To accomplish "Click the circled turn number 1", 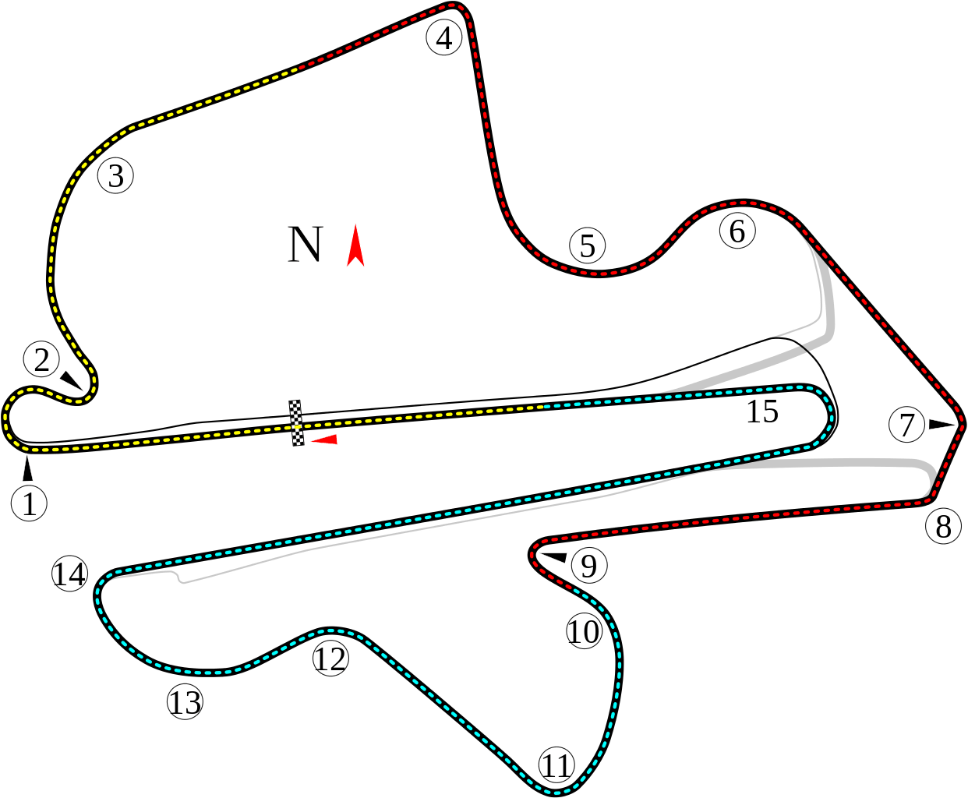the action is [x=29, y=503].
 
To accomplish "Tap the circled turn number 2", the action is [x=41, y=359].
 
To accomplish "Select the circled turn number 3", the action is [x=115, y=176].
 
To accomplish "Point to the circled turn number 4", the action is [x=444, y=38].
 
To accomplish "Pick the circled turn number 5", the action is [x=588, y=245].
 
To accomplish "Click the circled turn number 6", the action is [x=737, y=231].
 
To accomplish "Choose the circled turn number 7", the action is [x=906, y=424].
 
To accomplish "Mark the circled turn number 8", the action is [x=943, y=526].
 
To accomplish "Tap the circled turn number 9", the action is [x=589, y=565].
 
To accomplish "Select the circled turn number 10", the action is [x=584, y=631].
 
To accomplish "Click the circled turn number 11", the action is [x=556, y=765].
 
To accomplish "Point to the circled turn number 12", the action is [x=330, y=659].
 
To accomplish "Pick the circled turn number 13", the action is [x=185, y=702].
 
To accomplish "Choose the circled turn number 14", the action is [x=69, y=574].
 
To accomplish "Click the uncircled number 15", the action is [x=762, y=411].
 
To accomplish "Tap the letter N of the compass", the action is [x=305, y=245].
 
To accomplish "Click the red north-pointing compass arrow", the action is [x=355, y=245].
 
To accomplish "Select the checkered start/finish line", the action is [x=296, y=423].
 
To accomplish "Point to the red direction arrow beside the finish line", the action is [x=324, y=440].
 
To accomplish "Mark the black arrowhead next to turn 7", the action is [x=942, y=424].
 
